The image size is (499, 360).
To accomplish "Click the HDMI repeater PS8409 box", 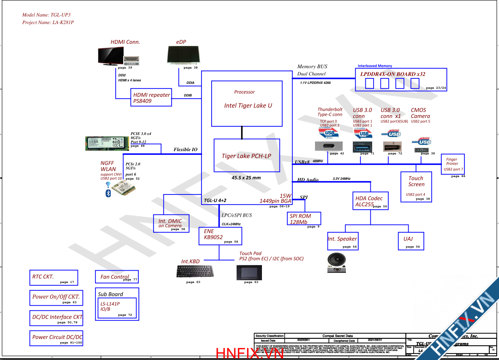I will point(151,97).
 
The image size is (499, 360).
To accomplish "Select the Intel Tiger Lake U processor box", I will point(247,104).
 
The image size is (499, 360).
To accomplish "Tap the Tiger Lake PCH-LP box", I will point(246,155).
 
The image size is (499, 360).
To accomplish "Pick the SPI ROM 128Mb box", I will point(303,219).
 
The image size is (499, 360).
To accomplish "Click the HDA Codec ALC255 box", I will point(370,201).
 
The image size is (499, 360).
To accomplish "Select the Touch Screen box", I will point(417,186).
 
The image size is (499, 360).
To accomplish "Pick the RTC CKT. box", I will point(53,277).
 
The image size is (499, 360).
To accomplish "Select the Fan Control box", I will point(116,277).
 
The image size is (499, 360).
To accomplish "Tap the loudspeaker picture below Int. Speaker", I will point(336,262).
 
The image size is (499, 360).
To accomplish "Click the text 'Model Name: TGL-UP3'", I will point(47,15).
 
